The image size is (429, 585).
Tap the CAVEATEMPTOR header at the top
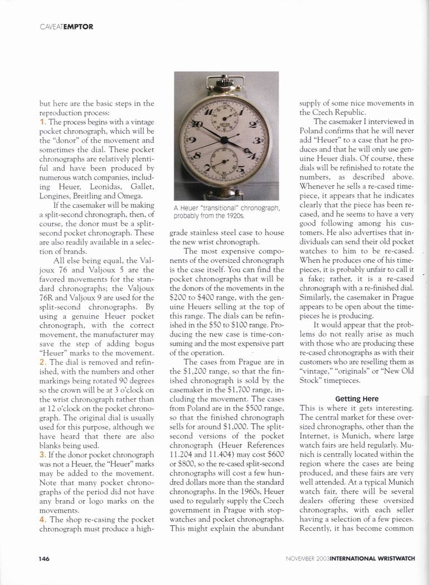[66, 26]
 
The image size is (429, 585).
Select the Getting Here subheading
[357, 399]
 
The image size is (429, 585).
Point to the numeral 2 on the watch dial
[252, 125]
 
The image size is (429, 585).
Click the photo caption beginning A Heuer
[226, 212]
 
